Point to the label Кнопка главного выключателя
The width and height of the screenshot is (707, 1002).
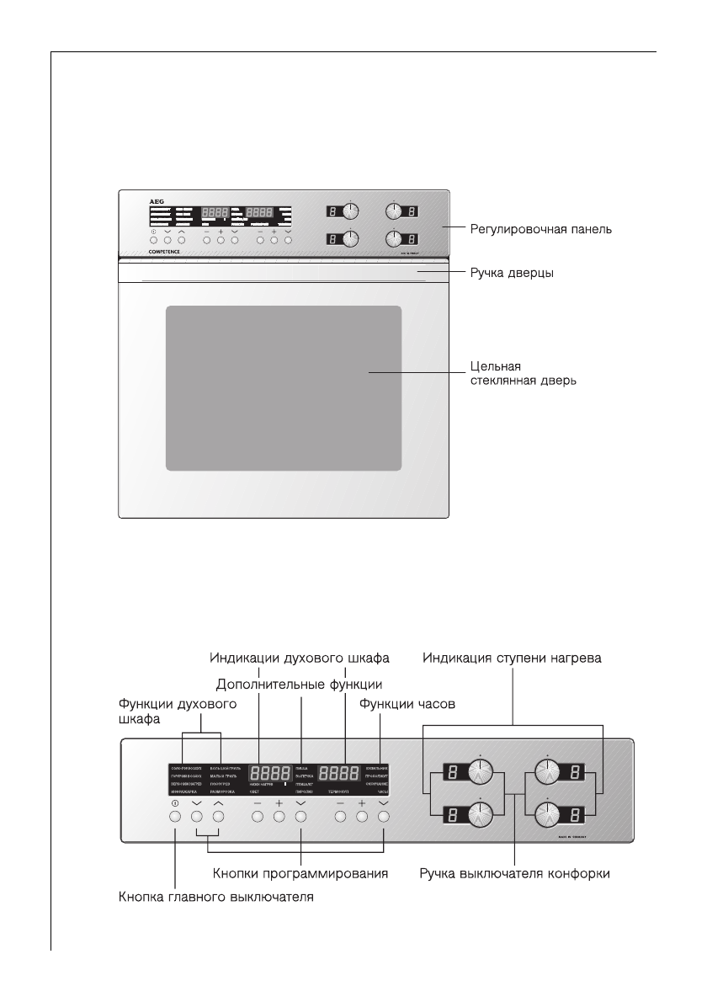click(x=215, y=898)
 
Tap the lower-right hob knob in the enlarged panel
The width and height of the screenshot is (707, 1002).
click(x=548, y=815)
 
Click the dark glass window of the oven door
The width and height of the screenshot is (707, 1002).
click(x=283, y=388)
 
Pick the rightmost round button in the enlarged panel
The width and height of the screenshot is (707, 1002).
click(x=384, y=816)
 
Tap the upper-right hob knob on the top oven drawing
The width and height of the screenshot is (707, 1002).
click(x=396, y=212)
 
